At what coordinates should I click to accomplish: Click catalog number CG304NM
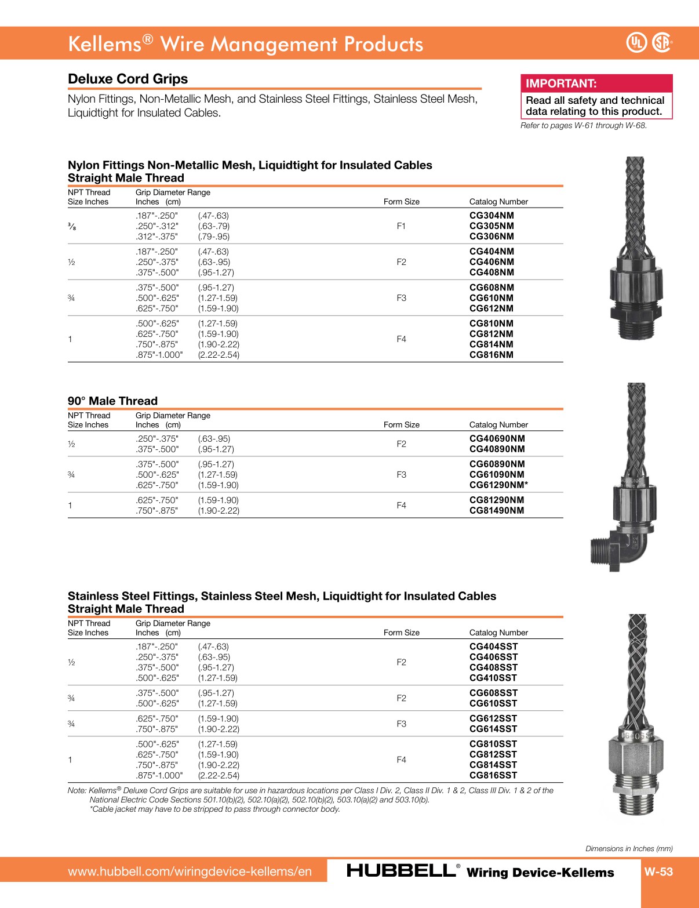tap(492, 216)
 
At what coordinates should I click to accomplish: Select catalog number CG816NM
tap(492, 355)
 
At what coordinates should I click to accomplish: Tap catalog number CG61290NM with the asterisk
tap(498, 485)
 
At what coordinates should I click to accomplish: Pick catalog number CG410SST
tap(493, 678)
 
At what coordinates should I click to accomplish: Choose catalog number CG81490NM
tap(497, 511)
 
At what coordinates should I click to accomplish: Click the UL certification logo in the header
tap(636, 42)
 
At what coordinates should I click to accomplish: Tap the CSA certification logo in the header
tap(662, 42)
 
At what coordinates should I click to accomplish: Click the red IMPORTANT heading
tap(561, 83)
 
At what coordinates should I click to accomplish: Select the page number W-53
tap(658, 871)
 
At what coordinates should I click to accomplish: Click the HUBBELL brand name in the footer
tap(401, 871)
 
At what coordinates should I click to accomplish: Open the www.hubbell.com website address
tap(190, 871)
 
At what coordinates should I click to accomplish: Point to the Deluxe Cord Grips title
tap(128, 79)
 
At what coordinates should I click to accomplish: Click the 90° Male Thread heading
tap(112, 401)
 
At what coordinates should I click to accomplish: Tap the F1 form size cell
tap(401, 226)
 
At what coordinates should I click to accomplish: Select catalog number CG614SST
tap(493, 729)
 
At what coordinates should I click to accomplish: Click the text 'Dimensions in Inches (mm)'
tap(629, 848)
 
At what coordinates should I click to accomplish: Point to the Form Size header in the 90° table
tap(401, 425)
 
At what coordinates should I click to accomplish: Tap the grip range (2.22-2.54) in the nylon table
tap(219, 355)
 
